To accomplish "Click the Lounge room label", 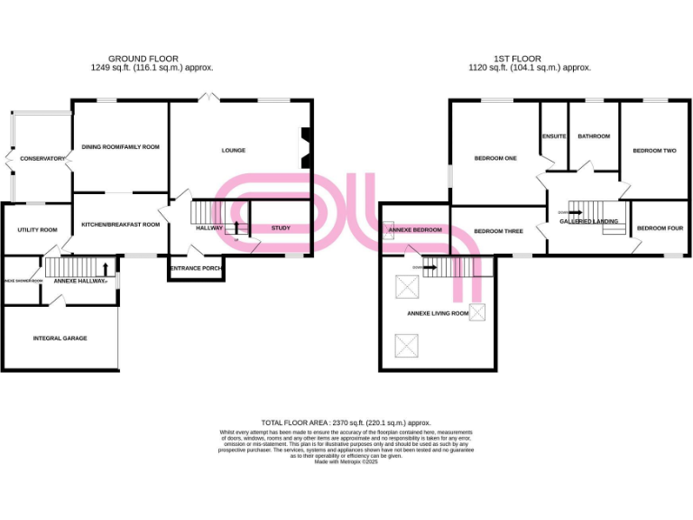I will click(x=234, y=151).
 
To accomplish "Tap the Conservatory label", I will click(x=42, y=159).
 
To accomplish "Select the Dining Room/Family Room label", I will click(x=120, y=147).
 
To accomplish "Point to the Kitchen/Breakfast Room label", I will click(x=120, y=224).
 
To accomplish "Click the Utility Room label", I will click(x=37, y=230).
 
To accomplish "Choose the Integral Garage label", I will click(x=60, y=339).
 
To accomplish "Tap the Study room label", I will click(x=281, y=228).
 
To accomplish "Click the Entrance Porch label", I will click(x=196, y=268).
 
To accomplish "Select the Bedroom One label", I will click(x=495, y=159).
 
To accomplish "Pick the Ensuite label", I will click(x=554, y=136).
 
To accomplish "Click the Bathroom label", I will click(x=594, y=136).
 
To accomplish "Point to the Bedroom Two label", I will click(x=654, y=151).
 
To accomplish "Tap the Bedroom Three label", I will click(x=498, y=231).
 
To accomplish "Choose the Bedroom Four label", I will click(x=660, y=228).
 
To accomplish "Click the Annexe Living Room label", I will click(x=439, y=313).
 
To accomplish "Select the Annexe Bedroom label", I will click(x=415, y=230).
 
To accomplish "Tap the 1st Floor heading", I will click(x=529, y=57).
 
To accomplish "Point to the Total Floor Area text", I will click(x=346, y=422).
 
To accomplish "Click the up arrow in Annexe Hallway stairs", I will click(x=107, y=268).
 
